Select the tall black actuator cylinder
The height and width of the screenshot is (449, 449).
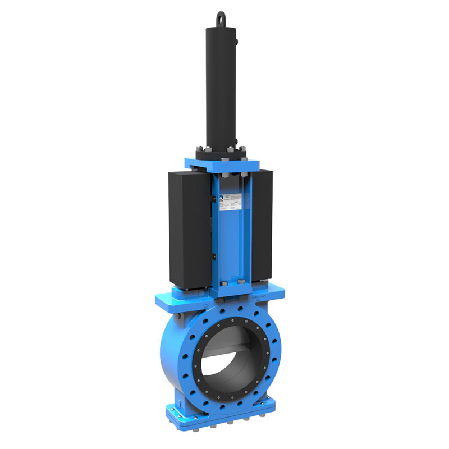tap(224, 84)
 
